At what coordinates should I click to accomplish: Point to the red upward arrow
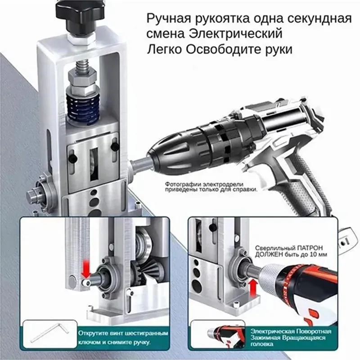pos(253,288)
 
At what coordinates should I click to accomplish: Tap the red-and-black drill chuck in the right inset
pos(288,274)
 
